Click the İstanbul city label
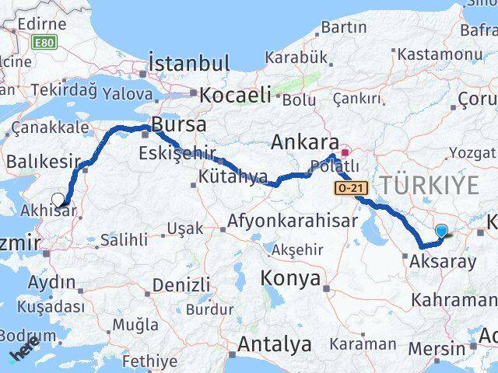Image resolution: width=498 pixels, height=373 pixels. tap(189, 63)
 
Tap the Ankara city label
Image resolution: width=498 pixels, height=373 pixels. tap(304, 143)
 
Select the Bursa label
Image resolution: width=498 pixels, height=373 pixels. tap(179, 124)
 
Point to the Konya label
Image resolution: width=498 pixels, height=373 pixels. tap(290, 278)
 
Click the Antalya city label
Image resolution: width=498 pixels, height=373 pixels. tap(275, 343)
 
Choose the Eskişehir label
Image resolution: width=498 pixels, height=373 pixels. tap(177, 152)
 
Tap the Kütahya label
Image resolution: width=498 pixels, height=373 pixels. tap(228, 178)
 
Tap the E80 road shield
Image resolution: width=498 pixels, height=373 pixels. tap(44, 43)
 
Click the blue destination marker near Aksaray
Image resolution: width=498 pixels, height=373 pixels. tap(442, 231)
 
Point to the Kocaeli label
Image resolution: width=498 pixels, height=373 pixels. tap(235, 96)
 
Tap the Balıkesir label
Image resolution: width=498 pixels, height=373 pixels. tap(44, 162)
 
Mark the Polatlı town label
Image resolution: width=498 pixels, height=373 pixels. tap(335, 166)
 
